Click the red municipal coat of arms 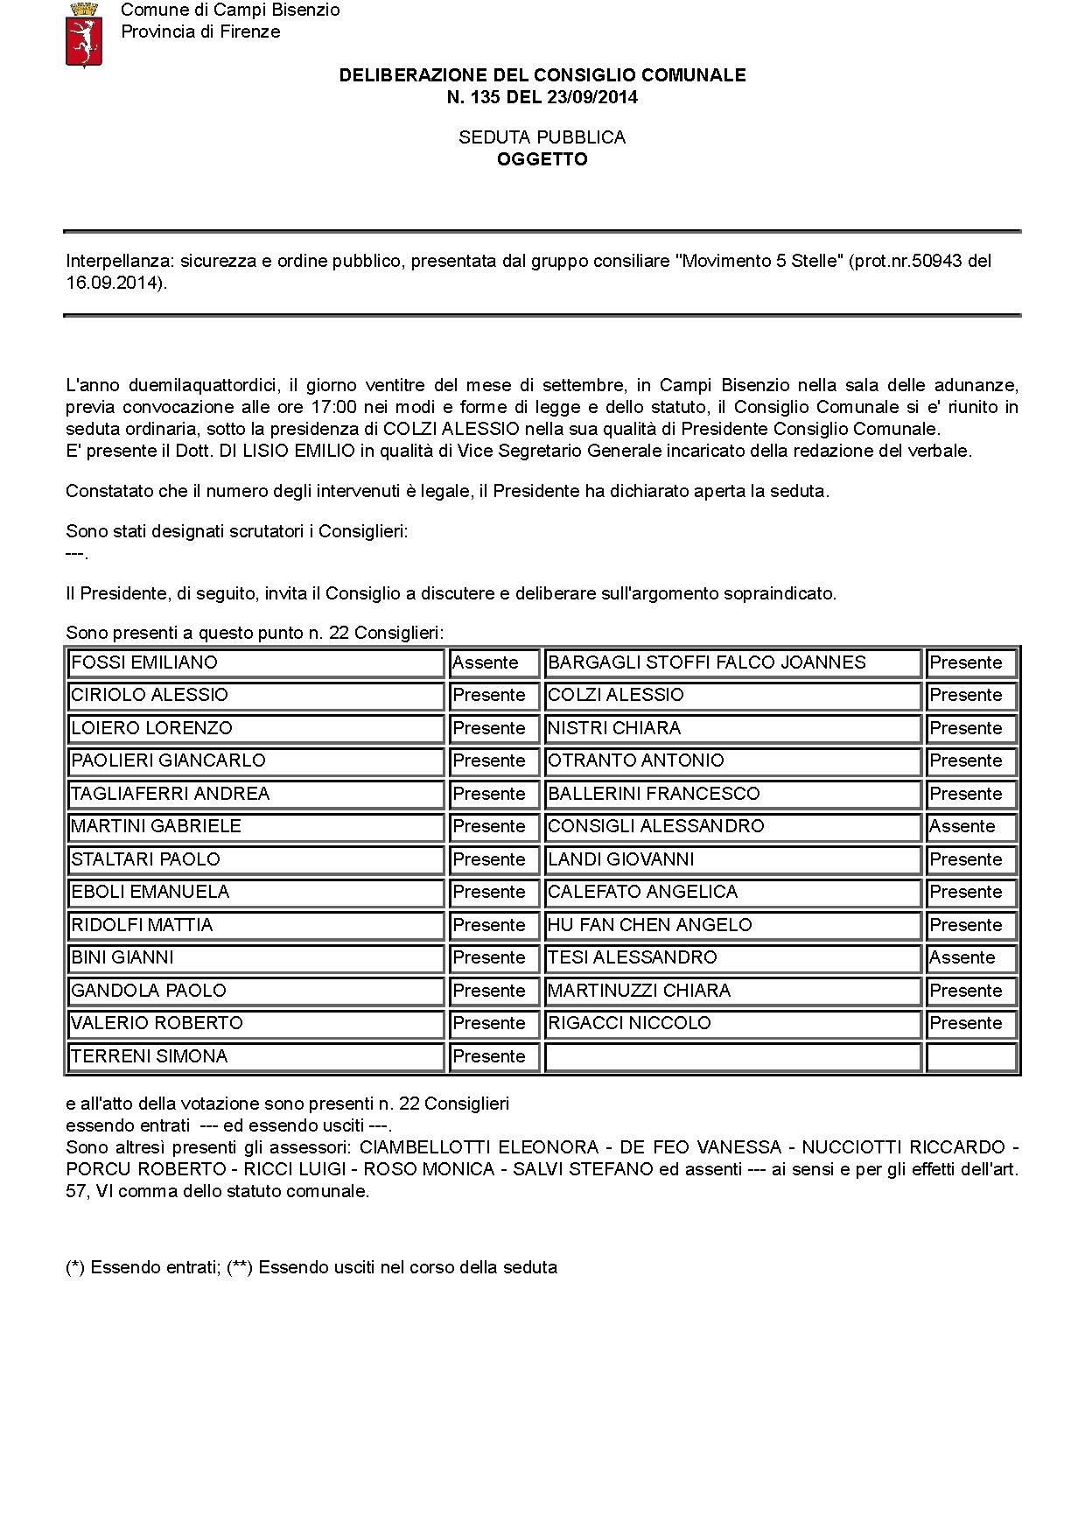click(84, 34)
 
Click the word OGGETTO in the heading click(542, 159)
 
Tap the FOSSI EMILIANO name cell click(256, 663)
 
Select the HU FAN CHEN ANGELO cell click(732, 925)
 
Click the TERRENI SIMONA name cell click(256, 1056)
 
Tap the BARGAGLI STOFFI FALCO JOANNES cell click(732, 663)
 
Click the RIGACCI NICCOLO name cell click(732, 1024)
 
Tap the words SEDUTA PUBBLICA click(542, 137)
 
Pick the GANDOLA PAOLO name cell click(256, 991)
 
